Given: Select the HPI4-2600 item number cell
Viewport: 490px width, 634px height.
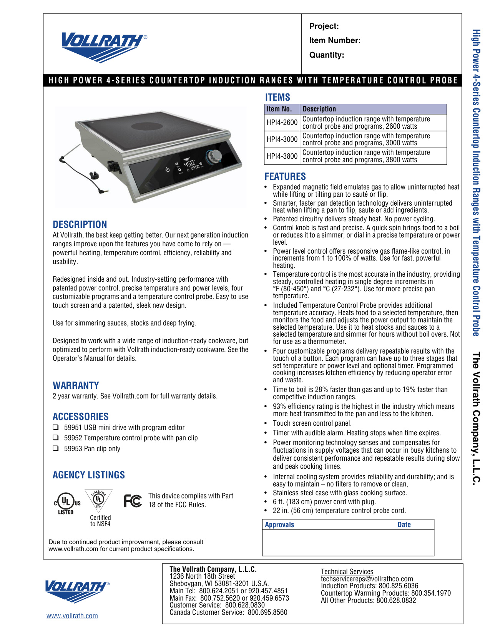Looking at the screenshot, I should click(x=282, y=123).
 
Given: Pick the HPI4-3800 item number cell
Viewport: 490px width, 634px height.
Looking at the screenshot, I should click(x=282, y=156).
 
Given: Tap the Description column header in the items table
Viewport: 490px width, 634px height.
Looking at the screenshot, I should click(x=319, y=109).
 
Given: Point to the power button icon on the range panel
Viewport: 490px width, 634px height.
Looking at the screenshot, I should click(x=168, y=169).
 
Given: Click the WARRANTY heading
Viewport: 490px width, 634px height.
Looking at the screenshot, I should click(x=76, y=385).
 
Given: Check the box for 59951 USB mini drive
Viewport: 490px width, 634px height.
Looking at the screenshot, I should click(x=56, y=427).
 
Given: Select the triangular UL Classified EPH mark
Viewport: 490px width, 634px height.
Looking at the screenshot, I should click(x=99, y=500).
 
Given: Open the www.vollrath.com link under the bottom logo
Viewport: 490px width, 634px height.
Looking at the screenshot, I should click(x=72, y=616).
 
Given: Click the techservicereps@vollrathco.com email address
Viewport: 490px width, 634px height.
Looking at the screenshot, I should click(x=367, y=579).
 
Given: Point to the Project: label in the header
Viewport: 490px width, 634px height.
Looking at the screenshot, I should click(x=324, y=26).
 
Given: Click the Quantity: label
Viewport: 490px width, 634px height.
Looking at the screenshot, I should click(x=327, y=55).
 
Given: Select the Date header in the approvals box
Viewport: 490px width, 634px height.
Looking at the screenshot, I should click(x=404, y=524).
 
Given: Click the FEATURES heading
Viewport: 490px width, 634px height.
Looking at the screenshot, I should click(x=285, y=176).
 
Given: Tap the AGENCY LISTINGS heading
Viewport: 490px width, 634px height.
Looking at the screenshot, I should click(x=89, y=475).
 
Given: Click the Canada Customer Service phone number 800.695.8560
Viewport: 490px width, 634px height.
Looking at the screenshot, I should click(x=267, y=612).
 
